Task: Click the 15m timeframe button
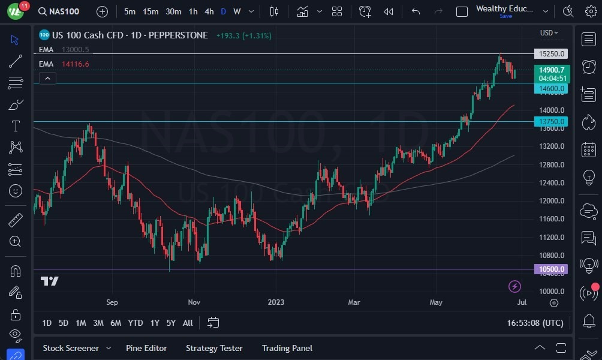tap(150, 11)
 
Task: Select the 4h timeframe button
tap(209, 11)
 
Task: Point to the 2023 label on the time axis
tap(276, 302)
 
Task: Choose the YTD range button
tap(136, 323)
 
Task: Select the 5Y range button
tap(171, 323)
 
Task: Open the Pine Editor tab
tap(146, 348)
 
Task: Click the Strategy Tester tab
tap(214, 348)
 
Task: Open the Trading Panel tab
tap(287, 348)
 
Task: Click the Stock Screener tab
tap(71, 348)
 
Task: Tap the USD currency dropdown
tap(549, 33)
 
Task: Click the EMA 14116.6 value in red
tap(76, 64)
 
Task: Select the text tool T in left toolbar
tap(16, 126)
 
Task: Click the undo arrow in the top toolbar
tap(416, 11)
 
